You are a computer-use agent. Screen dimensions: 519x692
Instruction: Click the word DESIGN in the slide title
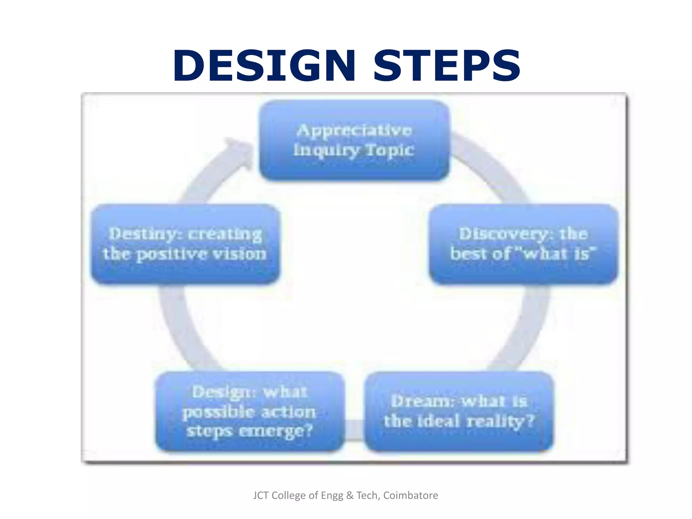click(264, 66)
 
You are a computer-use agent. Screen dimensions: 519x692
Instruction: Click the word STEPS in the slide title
click(447, 66)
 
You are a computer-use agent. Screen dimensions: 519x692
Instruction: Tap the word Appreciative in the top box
click(354, 130)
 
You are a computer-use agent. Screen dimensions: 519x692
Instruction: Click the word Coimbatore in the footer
click(410, 495)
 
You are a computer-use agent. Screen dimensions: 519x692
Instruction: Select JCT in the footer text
click(261, 495)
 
